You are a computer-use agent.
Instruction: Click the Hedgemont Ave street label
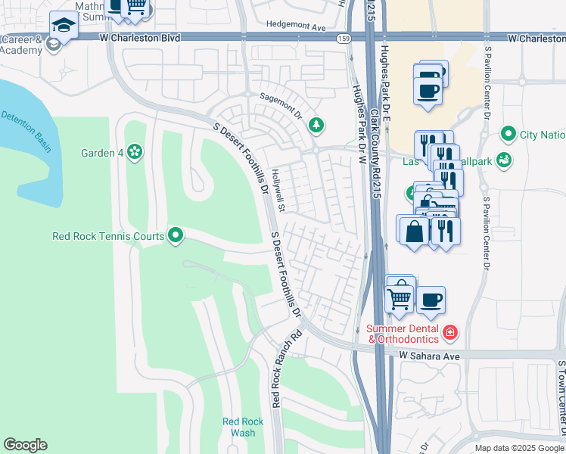[295, 26]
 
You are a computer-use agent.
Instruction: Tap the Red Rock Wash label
[243, 427]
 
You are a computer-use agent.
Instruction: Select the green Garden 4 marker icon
[135, 153]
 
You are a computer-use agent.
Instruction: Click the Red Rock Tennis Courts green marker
[176, 236]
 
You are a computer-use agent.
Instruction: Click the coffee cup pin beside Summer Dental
[431, 300]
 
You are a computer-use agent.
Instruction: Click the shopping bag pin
[415, 232]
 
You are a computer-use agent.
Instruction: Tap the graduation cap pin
[64, 26]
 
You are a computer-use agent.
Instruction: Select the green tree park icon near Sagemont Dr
[316, 125]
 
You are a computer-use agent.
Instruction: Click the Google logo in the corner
[25, 445]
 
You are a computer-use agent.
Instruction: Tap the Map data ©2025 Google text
[519, 448]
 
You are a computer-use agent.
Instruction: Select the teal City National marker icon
[508, 135]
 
